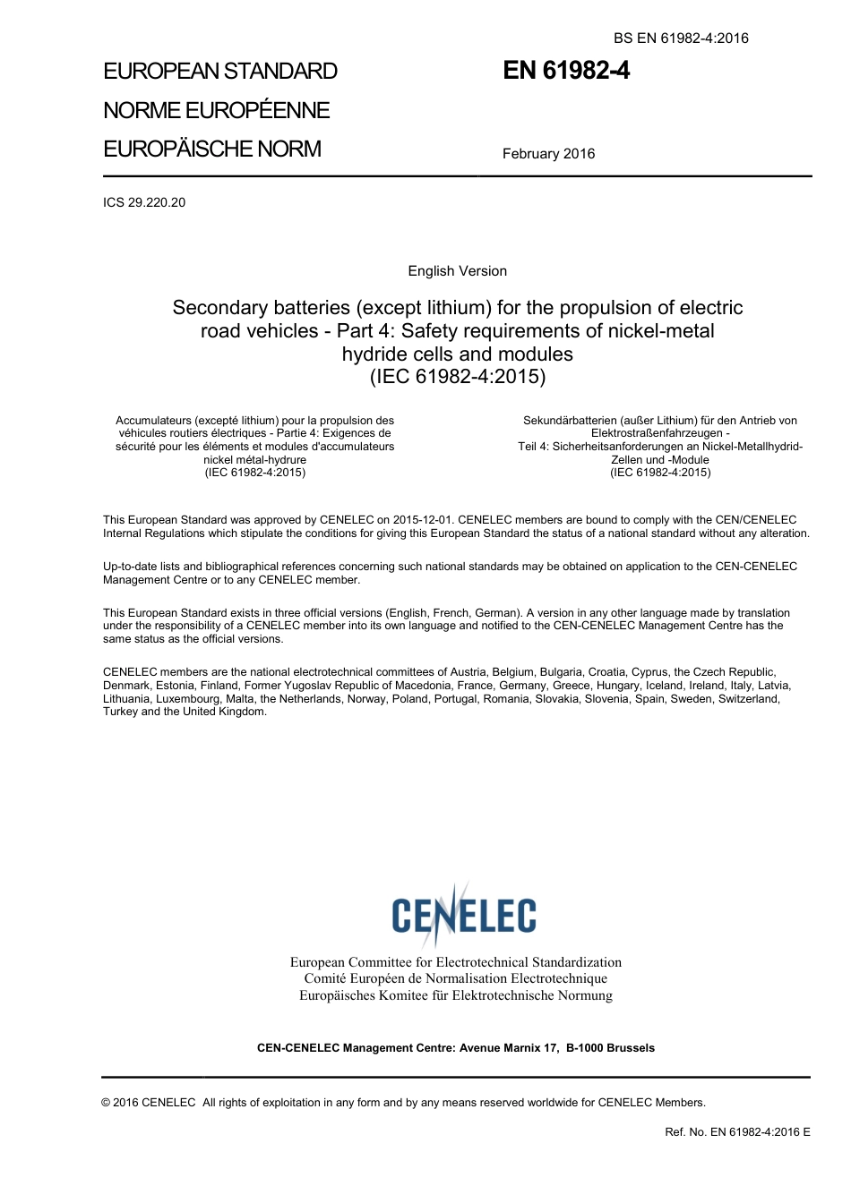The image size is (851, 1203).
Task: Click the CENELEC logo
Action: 463,914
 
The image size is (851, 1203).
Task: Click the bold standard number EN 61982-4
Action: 566,71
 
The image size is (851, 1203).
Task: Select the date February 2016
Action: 548,154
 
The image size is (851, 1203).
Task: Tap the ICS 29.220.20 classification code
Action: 144,202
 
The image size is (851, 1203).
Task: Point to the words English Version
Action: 457,271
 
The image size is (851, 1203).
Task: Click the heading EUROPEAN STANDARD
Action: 220,72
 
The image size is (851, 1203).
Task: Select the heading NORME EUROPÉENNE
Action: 217,110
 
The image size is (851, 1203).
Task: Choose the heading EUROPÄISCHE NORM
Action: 212,149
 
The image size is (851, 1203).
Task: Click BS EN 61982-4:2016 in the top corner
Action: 681,38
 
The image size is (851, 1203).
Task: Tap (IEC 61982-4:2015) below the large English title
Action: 457,376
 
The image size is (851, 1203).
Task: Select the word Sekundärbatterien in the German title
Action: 570,421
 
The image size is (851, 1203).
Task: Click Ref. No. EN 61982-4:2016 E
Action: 737,1132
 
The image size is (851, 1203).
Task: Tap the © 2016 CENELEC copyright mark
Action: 149,1103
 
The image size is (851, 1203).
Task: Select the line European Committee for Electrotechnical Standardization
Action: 455,962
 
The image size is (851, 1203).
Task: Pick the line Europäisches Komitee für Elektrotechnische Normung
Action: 455,995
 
